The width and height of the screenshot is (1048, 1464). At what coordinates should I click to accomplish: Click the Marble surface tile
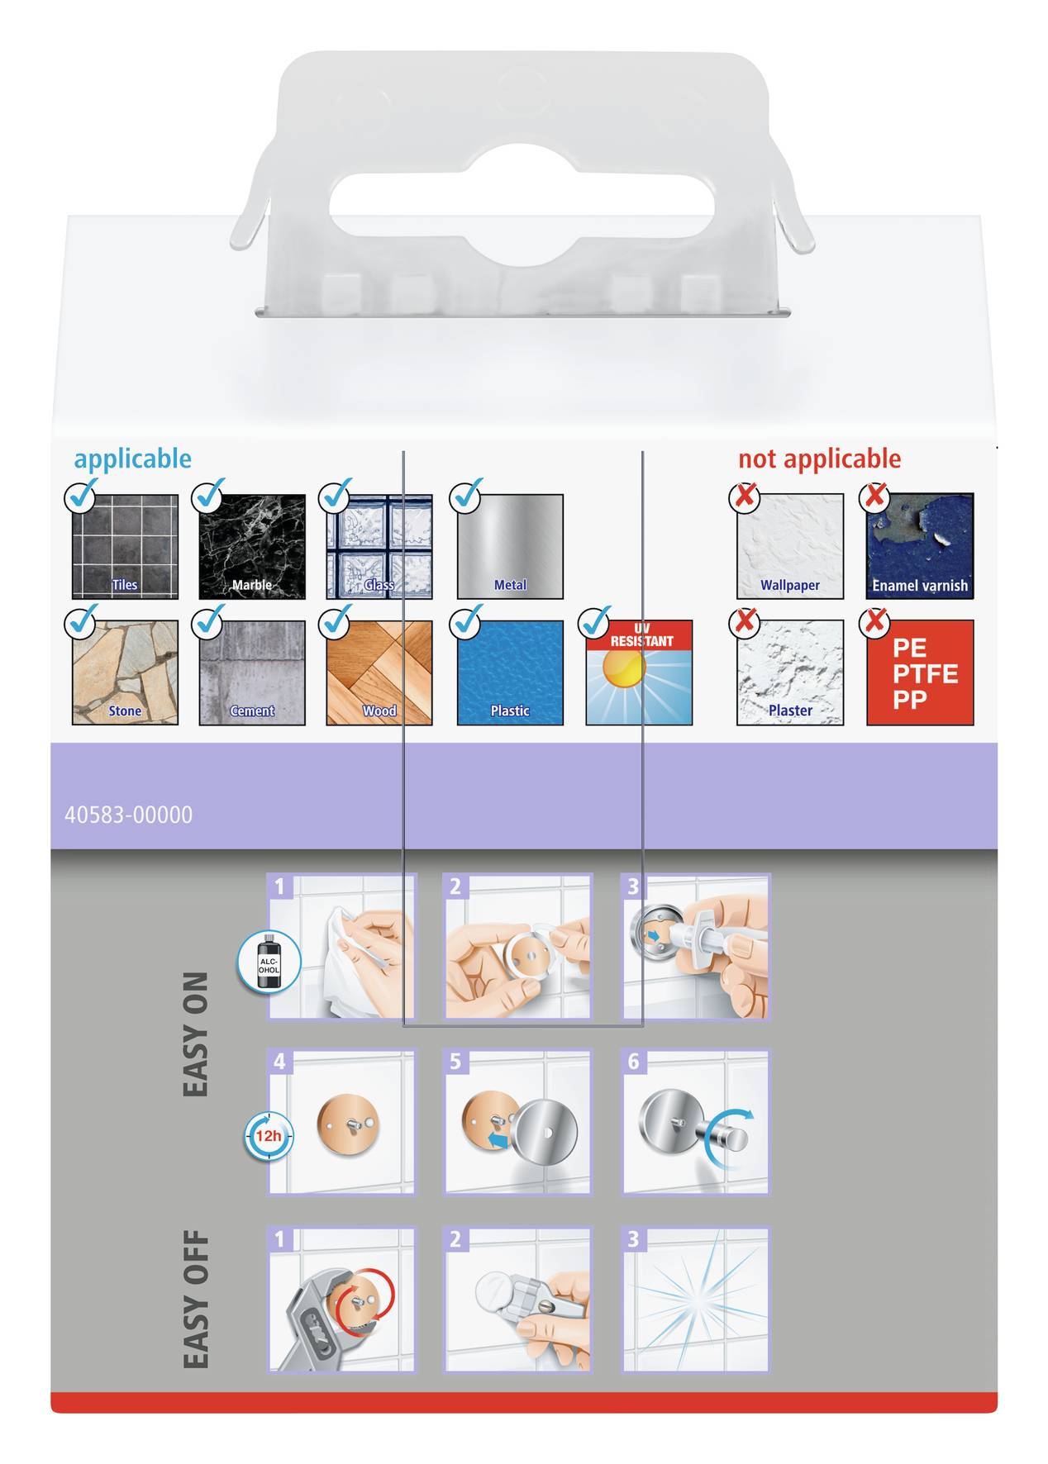(x=252, y=546)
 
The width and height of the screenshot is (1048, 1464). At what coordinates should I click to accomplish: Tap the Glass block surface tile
(x=379, y=546)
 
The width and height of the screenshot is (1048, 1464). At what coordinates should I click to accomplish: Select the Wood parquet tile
(x=379, y=673)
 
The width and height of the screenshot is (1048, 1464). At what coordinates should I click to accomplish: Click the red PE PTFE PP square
(x=920, y=673)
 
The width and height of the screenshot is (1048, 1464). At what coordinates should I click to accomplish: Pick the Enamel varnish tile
(x=920, y=546)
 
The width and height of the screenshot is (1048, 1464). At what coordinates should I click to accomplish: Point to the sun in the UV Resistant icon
(x=623, y=668)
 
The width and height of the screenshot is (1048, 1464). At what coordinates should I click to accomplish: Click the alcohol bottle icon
(x=269, y=963)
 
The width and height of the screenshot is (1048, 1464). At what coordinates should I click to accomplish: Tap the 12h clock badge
(x=268, y=1136)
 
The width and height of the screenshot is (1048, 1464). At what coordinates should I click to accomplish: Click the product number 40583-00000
(x=128, y=815)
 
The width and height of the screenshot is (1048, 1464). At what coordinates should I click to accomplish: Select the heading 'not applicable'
(x=819, y=459)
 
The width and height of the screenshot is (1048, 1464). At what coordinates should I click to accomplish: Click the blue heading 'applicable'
(x=132, y=459)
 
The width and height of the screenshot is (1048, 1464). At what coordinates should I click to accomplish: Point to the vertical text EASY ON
(x=196, y=1034)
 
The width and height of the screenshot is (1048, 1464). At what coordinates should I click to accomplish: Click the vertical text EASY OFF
(x=196, y=1299)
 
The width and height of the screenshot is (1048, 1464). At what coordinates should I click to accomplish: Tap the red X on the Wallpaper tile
(x=745, y=497)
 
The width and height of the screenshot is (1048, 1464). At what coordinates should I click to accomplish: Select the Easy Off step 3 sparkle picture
(x=696, y=1299)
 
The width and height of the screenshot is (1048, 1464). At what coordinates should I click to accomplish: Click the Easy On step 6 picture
(x=696, y=1122)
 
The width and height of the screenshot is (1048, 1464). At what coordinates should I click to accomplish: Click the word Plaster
(x=790, y=711)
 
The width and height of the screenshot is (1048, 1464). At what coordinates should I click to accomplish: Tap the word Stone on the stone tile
(x=125, y=711)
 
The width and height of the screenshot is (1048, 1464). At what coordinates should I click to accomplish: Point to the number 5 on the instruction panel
(x=455, y=1062)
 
